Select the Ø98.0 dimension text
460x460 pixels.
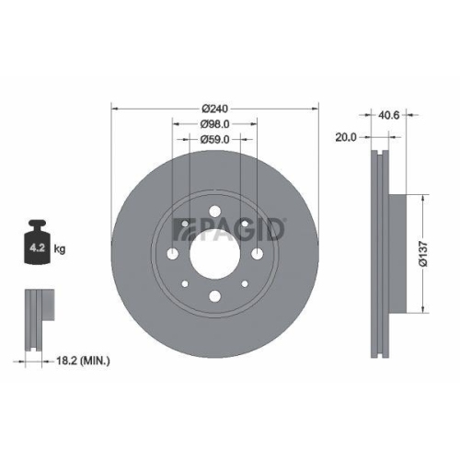(214, 122)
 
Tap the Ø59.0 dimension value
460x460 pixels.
(213, 140)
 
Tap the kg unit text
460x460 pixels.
(58, 248)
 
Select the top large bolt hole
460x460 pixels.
(213, 213)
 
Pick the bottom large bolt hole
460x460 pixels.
(213, 295)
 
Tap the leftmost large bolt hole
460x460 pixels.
(172, 254)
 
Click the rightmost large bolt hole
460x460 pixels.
(255, 254)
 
